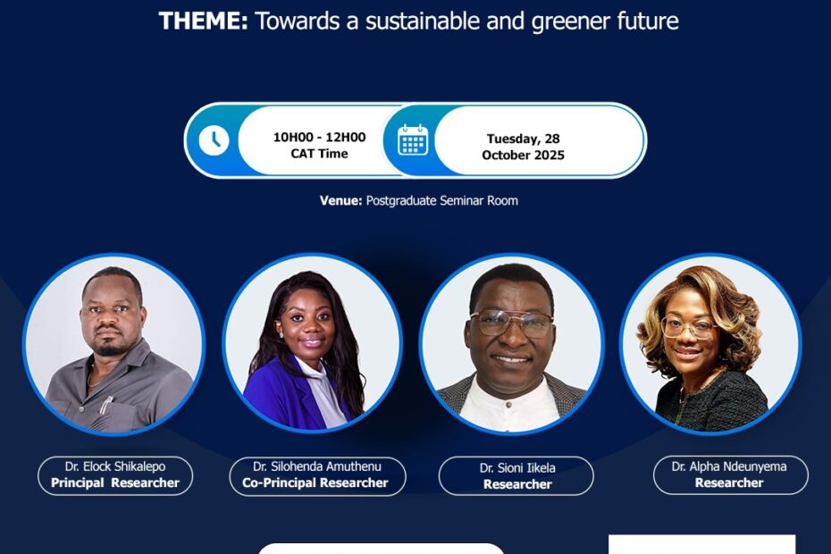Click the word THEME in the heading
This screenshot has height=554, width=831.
point(203,21)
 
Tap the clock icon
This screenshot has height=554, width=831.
point(214,140)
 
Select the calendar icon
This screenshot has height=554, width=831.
point(413,140)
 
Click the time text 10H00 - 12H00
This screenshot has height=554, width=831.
point(319,138)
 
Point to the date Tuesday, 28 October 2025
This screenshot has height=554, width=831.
point(523,147)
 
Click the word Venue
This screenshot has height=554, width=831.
point(340,201)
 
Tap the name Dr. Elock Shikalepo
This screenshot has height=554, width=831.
point(115,466)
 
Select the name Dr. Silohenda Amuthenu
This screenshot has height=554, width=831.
point(317,466)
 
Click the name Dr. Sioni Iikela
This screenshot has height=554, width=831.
point(517,468)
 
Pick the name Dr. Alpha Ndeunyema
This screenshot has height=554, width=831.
point(729,466)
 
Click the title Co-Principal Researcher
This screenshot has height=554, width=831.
point(315,483)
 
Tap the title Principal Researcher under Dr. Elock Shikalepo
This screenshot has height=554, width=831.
point(115,483)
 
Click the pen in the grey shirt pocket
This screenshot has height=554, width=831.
point(106,405)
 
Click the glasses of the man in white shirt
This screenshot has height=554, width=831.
point(511,323)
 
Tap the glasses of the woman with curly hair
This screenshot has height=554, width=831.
point(689,328)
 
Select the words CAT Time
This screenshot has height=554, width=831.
point(319,154)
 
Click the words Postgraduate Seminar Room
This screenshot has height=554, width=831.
point(442,201)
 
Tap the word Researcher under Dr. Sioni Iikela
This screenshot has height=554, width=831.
point(517,484)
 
